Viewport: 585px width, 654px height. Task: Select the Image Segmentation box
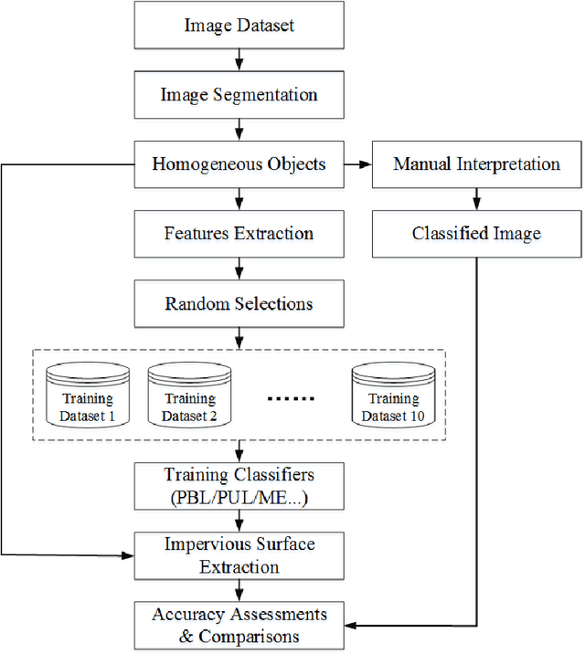[x=239, y=95]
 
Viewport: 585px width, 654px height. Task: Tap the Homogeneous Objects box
[x=239, y=164]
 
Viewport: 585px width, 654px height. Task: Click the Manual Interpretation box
[x=476, y=164]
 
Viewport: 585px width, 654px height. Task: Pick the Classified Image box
[x=476, y=233]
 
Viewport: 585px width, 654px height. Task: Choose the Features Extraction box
[x=239, y=233]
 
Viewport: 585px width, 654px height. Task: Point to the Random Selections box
[x=239, y=303]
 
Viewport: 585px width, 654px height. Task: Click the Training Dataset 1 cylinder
[x=88, y=395]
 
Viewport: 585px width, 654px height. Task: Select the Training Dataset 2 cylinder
[x=189, y=395]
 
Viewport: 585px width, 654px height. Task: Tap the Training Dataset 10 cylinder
[x=394, y=395]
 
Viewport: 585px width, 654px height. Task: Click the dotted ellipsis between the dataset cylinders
[x=292, y=399]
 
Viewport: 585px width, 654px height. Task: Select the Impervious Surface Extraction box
[x=239, y=555]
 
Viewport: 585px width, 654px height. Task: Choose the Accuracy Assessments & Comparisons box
[x=239, y=625]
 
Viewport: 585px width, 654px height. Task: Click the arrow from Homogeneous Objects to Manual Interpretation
[x=358, y=164]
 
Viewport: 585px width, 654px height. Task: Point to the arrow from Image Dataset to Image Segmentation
[x=239, y=60]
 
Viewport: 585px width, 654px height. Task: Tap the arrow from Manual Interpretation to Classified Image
[x=476, y=199]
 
